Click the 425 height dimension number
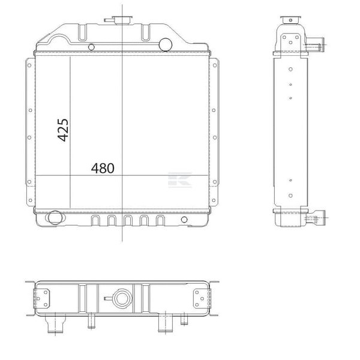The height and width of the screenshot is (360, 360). [63, 130]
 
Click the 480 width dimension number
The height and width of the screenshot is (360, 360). [103, 168]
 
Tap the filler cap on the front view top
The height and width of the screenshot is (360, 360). [122, 20]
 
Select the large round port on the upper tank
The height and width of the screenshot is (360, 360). [166, 44]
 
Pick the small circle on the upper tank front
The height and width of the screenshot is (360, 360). [91, 47]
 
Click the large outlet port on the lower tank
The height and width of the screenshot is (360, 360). [55, 217]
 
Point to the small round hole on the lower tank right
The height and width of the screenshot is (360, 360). [184, 220]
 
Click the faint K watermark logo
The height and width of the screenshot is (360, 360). [180, 179]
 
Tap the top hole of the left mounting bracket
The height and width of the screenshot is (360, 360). [29, 65]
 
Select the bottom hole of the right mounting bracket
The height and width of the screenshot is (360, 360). [214, 200]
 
